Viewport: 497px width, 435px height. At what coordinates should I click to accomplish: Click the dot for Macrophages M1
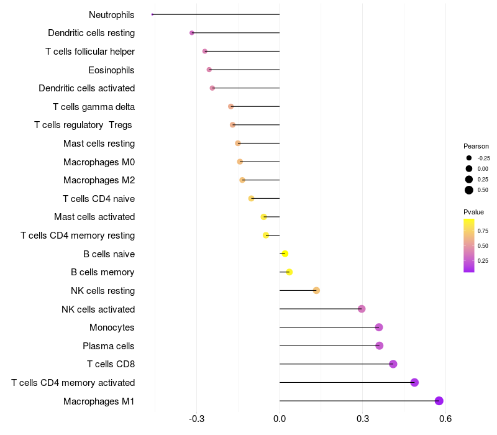(439, 401)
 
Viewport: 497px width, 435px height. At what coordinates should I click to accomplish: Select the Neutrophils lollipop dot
(152, 14)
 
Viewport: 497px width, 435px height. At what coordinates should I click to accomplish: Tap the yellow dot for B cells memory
(289, 272)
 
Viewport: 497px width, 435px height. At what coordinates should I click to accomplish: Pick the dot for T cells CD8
(393, 364)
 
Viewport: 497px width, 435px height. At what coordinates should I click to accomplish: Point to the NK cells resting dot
(316, 290)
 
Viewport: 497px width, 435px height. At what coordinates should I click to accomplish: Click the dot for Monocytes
(379, 327)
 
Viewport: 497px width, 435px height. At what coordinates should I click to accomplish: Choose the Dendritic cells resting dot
(192, 33)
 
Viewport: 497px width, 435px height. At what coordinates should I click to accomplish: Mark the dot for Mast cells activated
(264, 217)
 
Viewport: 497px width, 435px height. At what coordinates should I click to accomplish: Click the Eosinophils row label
(111, 70)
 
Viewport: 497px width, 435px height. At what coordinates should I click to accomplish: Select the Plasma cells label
(109, 346)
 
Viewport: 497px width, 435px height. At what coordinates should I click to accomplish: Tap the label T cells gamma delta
(94, 107)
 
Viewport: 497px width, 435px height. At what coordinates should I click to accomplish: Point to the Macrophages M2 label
(99, 180)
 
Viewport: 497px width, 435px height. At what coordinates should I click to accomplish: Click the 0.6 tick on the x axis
(445, 418)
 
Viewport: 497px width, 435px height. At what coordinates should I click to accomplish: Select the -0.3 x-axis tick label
(196, 418)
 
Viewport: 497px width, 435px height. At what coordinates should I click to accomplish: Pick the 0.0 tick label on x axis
(280, 418)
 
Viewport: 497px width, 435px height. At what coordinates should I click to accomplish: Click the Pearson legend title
(476, 146)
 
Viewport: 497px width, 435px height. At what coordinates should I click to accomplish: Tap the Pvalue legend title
(473, 212)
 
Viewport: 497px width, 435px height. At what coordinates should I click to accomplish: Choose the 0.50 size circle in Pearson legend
(469, 190)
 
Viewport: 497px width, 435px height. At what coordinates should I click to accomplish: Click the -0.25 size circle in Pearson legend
(469, 158)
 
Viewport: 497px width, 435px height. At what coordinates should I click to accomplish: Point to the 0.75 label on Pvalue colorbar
(483, 231)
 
